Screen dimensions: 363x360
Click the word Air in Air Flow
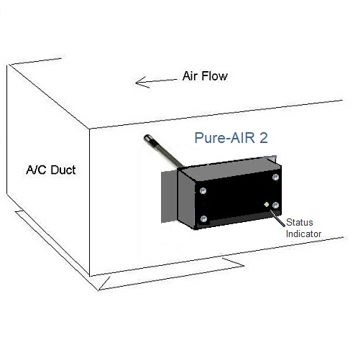click(x=190, y=76)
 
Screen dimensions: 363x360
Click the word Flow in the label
click(x=214, y=76)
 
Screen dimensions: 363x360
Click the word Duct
click(x=63, y=170)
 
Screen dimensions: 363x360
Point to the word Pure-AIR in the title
click(x=224, y=138)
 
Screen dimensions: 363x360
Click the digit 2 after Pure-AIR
click(x=263, y=138)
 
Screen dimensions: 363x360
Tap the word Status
click(x=300, y=223)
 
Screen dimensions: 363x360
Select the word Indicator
click(x=303, y=234)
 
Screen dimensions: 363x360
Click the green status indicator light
click(x=267, y=205)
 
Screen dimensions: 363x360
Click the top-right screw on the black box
click(x=275, y=177)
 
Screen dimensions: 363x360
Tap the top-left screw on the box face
click(x=203, y=191)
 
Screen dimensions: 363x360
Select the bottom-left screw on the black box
click(x=203, y=218)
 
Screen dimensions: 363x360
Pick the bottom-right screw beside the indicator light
click(x=275, y=206)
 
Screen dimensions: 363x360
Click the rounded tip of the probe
click(x=147, y=139)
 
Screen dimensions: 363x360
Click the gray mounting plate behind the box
click(x=169, y=197)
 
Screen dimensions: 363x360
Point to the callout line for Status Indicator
click(x=277, y=218)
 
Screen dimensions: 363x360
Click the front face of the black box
click(x=238, y=199)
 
